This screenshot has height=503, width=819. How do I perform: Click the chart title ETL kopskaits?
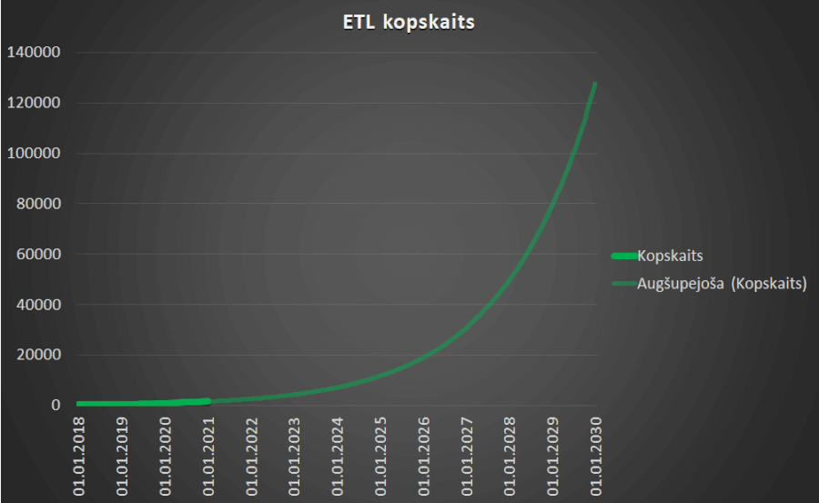(x=409, y=23)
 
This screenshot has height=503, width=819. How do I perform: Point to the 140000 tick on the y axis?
(x=34, y=53)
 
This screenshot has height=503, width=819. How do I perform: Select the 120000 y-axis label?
(x=34, y=103)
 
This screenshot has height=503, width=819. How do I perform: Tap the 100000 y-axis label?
(x=34, y=154)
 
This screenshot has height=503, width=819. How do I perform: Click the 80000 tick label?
(x=37, y=204)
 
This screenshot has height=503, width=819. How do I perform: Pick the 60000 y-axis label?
(x=37, y=255)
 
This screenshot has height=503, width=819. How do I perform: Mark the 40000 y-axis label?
(x=37, y=305)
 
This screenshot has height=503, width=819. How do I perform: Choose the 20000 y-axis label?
(x=37, y=355)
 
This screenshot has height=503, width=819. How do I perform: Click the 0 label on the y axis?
(x=56, y=406)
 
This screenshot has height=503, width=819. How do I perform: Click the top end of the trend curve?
(x=596, y=84)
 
